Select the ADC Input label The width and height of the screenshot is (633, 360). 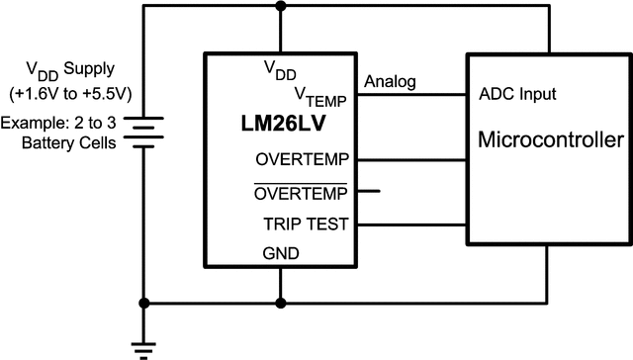tap(517, 95)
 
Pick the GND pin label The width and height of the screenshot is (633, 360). tap(282, 252)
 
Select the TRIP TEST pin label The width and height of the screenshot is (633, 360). tap(306, 224)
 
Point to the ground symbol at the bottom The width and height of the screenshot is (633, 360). tap(146, 345)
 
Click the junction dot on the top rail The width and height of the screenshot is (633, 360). tap(282, 7)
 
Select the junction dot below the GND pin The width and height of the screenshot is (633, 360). tap(282, 303)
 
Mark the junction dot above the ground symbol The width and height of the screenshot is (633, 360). tap(146, 303)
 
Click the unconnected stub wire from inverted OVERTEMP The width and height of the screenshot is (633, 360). tap(368, 191)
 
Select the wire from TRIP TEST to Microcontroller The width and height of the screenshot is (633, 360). tap(411, 224)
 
